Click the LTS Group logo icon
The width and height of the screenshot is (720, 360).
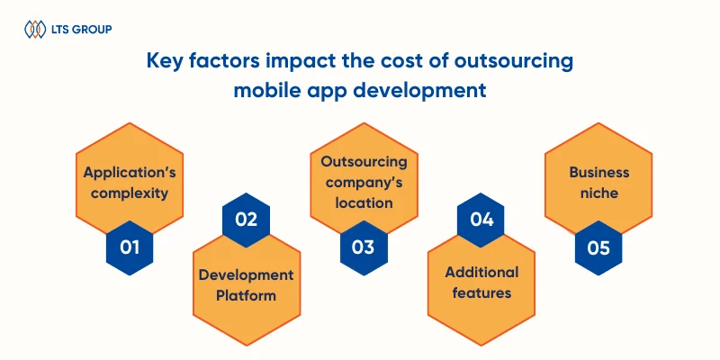pyautogui.click(x=35, y=29)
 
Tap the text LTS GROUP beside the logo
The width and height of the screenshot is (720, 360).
pyautogui.click(x=82, y=30)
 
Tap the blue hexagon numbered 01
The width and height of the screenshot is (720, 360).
pyautogui.click(x=130, y=248)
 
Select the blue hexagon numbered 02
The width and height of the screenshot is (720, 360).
pyautogui.click(x=246, y=220)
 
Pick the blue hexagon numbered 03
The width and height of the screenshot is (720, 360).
pyautogui.click(x=364, y=248)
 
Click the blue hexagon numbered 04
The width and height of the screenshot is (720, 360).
pyautogui.click(x=481, y=220)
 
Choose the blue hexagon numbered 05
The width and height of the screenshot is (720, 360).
pyautogui.click(x=598, y=248)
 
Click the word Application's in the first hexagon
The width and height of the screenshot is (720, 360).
pyautogui.click(x=130, y=173)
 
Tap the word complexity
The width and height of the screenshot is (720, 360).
pyautogui.click(x=130, y=193)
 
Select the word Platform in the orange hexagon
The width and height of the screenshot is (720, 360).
pyautogui.click(x=246, y=296)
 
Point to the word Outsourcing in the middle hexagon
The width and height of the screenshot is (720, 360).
pyautogui.click(x=364, y=162)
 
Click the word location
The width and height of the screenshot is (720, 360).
pyautogui.click(x=364, y=202)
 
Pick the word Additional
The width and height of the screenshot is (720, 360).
pyautogui.click(x=481, y=273)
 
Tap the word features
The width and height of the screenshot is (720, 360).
pyautogui.click(x=481, y=293)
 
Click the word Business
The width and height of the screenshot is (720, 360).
pyautogui.click(x=598, y=173)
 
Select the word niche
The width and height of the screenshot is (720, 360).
pyautogui.click(x=598, y=193)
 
